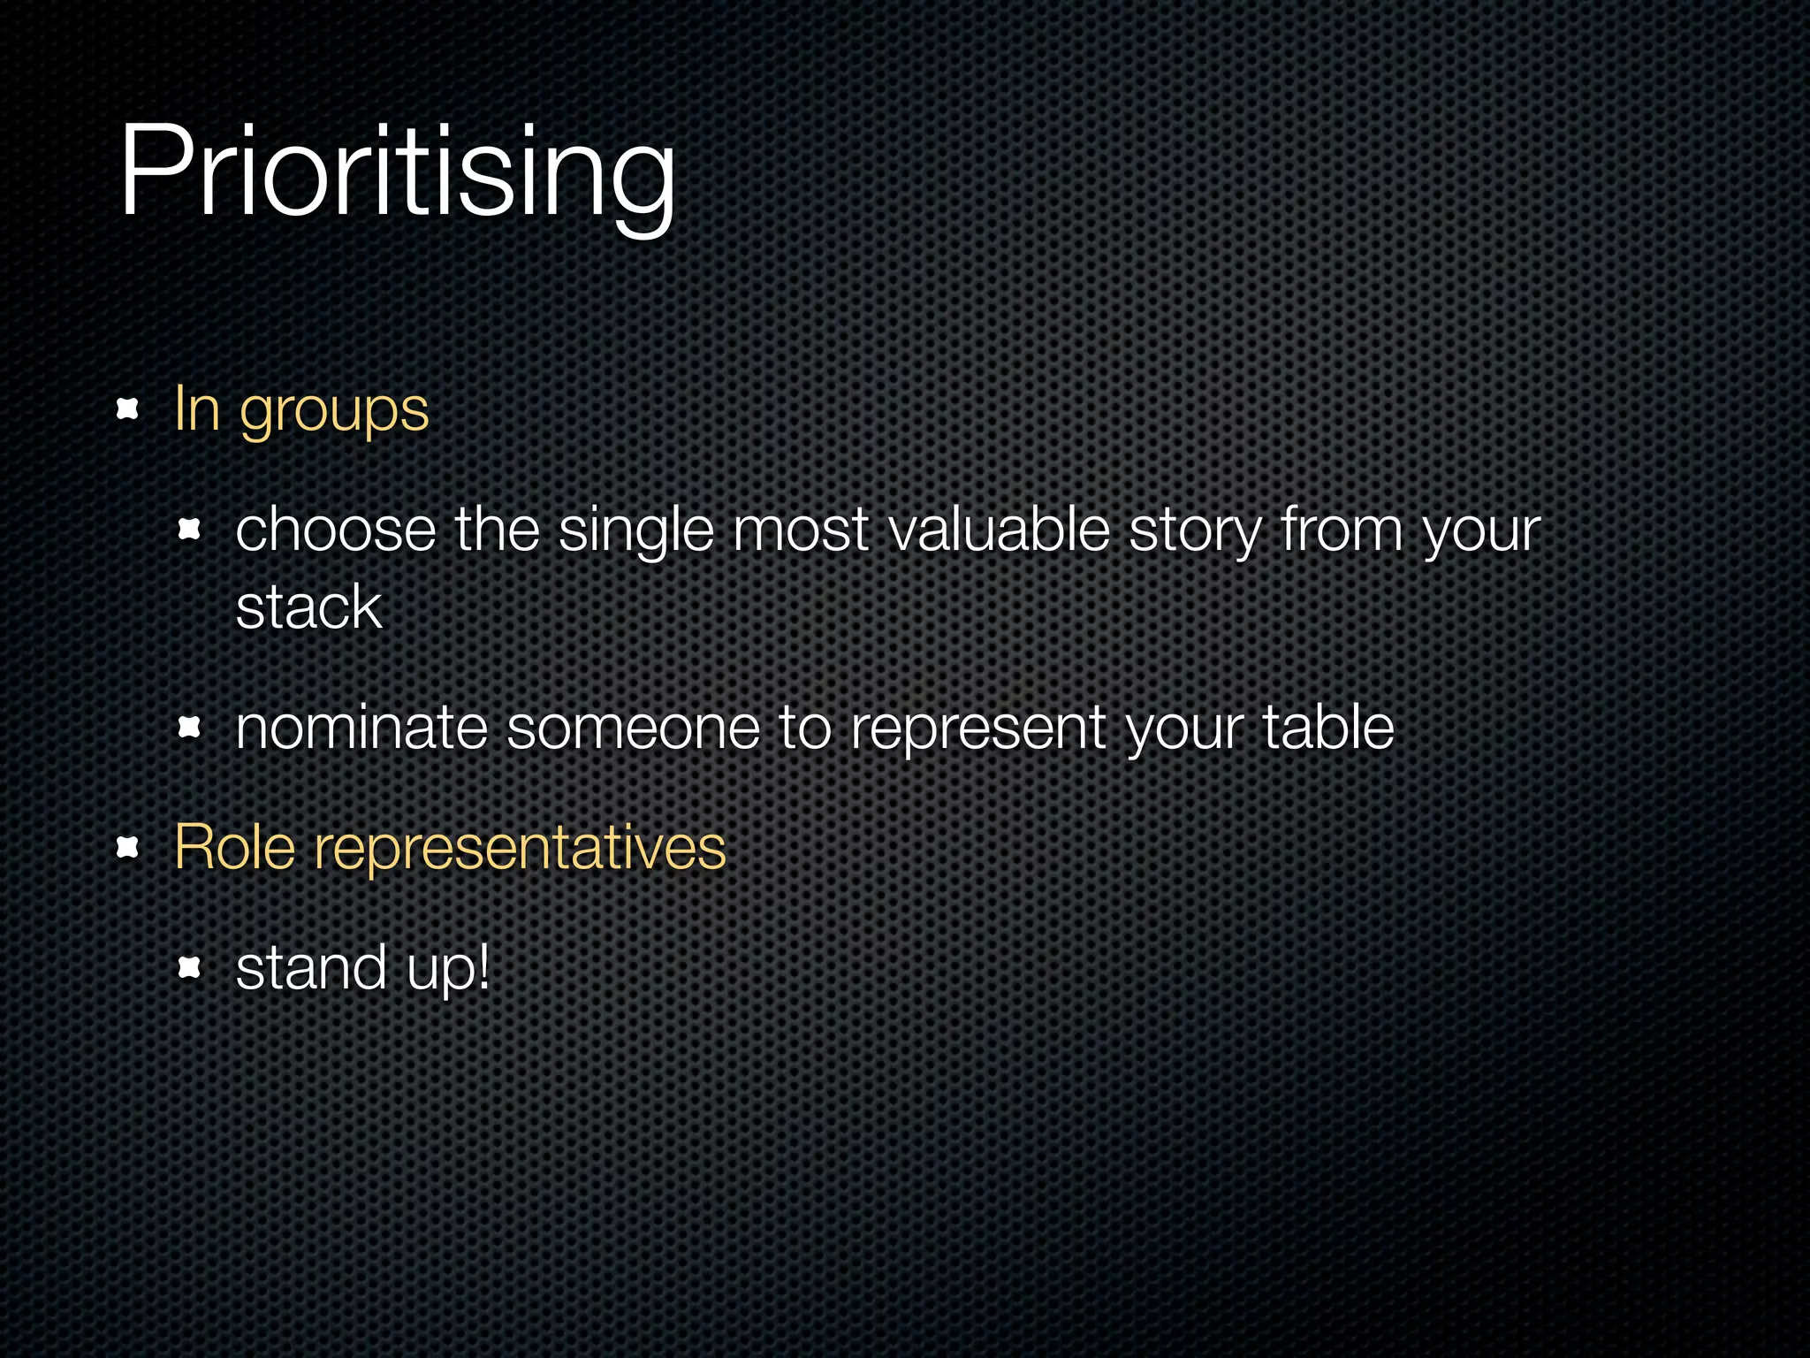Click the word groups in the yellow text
334,411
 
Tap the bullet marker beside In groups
129,408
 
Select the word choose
336,530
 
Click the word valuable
999,530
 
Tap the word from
1342,530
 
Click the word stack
308,608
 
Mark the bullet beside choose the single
190,530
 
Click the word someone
633,729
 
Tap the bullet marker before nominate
190,728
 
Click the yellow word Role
234,847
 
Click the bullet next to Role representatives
129,848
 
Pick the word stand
311,967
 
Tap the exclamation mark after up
483,965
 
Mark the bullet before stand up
190,967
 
